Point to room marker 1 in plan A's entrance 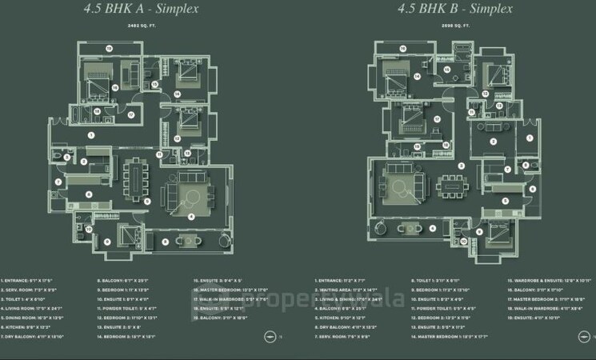pos(90,135)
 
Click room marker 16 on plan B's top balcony pos(402,49)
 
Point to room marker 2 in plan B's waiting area pos(494,141)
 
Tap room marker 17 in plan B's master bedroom pos(437,118)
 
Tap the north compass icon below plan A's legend pos(268,338)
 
